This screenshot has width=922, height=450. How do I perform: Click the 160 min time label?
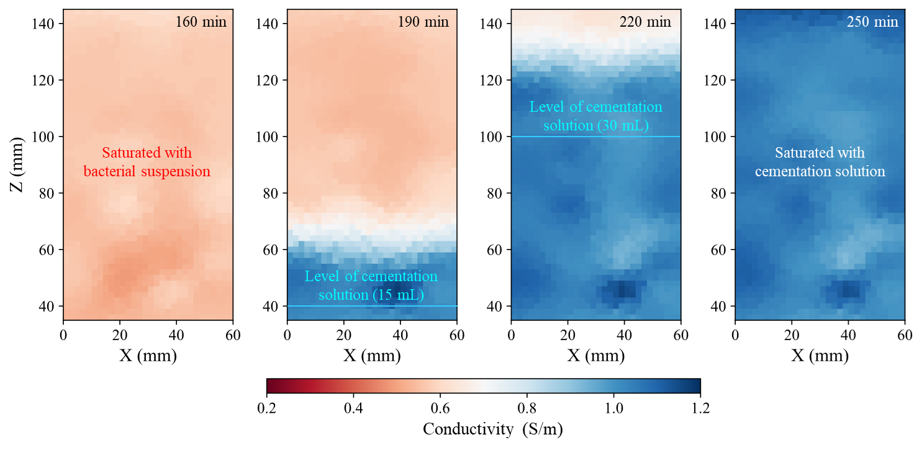click(x=201, y=22)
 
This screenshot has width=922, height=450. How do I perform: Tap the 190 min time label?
click(x=423, y=22)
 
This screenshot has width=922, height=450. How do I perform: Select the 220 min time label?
click(x=645, y=22)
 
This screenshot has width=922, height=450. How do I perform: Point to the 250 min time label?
click(x=872, y=22)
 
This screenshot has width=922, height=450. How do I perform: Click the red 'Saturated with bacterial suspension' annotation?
click(x=147, y=162)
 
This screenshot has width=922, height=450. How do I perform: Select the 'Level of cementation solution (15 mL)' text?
click(x=371, y=286)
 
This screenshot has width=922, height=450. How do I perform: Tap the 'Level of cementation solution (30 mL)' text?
click(x=595, y=116)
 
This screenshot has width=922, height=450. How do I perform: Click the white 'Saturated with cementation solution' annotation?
click(x=820, y=162)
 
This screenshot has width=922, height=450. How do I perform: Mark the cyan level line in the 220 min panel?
click(x=621, y=137)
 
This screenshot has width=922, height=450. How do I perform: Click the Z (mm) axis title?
click(x=19, y=165)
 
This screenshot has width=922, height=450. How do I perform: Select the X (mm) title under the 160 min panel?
click(x=148, y=356)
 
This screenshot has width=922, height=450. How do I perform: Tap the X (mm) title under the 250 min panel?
click(x=820, y=356)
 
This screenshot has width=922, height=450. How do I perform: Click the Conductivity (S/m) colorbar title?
click(x=492, y=429)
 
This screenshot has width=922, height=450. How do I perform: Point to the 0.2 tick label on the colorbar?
click(x=266, y=408)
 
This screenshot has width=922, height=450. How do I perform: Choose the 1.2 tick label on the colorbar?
click(x=700, y=408)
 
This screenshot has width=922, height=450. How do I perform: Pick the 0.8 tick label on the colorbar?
click(x=527, y=408)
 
